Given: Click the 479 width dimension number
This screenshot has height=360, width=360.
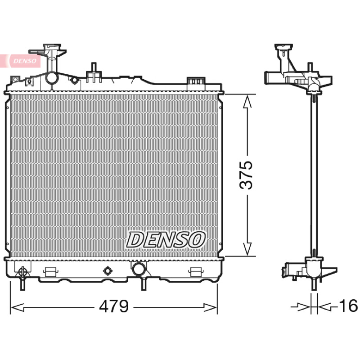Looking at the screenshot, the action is [x=114, y=306].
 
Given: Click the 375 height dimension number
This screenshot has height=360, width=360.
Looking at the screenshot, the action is [x=246, y=175].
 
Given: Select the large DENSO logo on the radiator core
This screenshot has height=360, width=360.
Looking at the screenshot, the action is [x=166, y=240].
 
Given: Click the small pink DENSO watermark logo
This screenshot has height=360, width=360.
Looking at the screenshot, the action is [x=24, y=61].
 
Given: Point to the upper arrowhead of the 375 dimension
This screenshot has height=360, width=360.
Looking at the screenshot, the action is [x=247, y=102].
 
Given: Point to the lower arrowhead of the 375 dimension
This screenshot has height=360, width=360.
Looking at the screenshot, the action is [x=247, y=249].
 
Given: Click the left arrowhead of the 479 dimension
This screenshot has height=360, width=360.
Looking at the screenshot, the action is [x=18, y=307].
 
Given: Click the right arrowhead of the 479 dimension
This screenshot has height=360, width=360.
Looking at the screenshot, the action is [x=210, y=307].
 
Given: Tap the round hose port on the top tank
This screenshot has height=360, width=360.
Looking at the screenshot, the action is [x=52, y=78].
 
